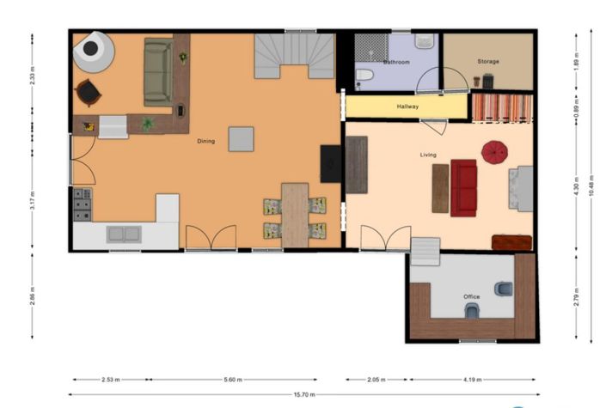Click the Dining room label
[206, 141]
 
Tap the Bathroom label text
[396, 62]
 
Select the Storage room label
[488, 61]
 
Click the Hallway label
[407, 107]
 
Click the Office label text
[472, 296]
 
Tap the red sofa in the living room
[464, 187]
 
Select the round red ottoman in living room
[495, 152]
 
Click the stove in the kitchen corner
[83, 204]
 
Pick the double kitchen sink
[125, 233]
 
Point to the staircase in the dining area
[294, 57]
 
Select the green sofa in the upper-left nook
[157, 71]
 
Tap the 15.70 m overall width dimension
[303, 395]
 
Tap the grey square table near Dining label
[241, 138]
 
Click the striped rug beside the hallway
[503, 107]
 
